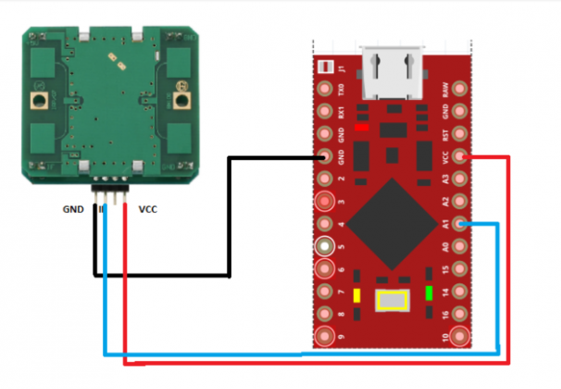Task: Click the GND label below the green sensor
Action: coord(73,209)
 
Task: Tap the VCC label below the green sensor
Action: coord(147,209)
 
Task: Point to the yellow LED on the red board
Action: coord(355,294)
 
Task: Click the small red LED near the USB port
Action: coord(363,127)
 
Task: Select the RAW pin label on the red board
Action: coord(446,91)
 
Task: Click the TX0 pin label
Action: coord(342,91)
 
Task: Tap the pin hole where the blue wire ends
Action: coord(461,224)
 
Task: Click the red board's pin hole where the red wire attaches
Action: coord(461,157)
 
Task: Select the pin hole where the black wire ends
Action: coord(325,157)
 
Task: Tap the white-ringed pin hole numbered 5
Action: coord(325,247)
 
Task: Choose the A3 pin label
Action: coord(446,180)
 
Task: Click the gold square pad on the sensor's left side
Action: coord(40,99)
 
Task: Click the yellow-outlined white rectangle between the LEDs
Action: coord(393,301)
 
